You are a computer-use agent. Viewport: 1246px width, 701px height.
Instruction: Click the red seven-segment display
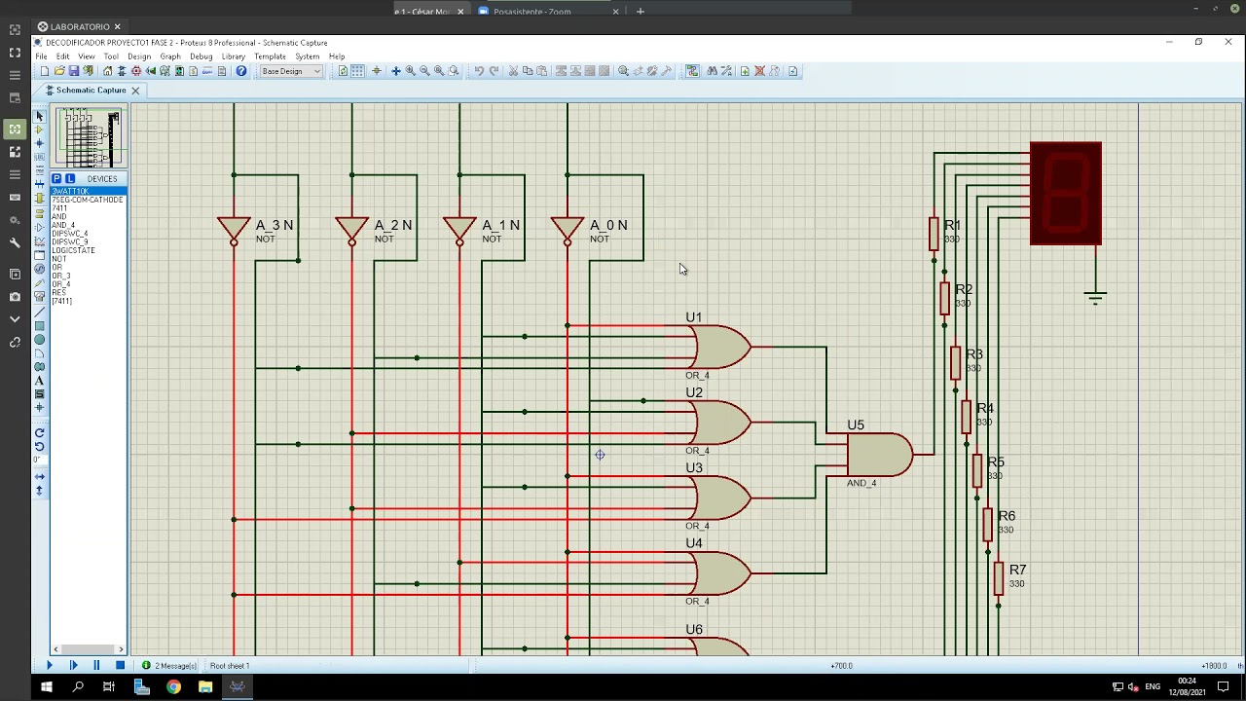1066,193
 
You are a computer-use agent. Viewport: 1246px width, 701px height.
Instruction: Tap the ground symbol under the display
1095,297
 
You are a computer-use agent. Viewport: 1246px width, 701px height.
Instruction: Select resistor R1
934,234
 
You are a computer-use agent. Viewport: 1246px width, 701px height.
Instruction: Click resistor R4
967,417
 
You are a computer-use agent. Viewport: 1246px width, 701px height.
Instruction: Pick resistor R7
999,578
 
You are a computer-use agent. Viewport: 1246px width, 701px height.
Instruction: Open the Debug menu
201,56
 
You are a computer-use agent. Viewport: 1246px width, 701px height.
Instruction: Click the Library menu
233,56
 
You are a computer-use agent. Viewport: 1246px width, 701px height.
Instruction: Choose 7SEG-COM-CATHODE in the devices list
88,200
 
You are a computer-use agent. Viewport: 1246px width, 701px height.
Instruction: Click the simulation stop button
120,666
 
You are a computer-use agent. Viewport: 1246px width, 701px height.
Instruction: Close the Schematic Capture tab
135,91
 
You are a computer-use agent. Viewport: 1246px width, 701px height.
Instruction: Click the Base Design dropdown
290,71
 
